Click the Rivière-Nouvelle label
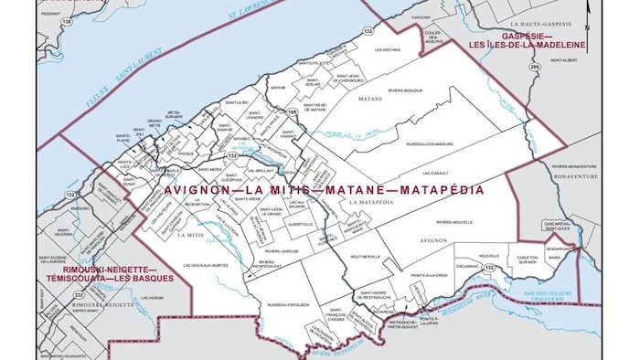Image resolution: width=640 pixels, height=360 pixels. point(455,221)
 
